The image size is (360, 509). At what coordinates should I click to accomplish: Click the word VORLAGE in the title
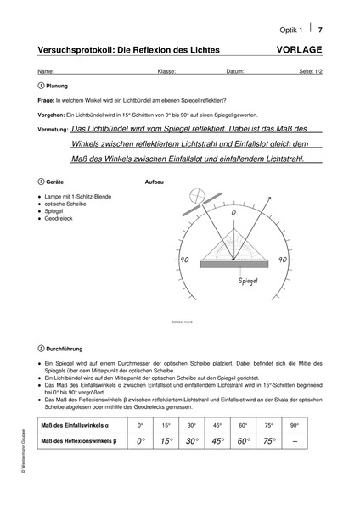(x=299, y=49)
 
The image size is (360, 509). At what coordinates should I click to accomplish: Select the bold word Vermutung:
(x=53, y=131)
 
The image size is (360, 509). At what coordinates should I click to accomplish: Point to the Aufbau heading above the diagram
(x=155, y=182)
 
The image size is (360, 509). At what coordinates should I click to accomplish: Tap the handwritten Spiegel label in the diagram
(x=248, y=278)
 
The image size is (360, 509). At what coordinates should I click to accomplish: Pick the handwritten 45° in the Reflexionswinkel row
(x=217, y=440)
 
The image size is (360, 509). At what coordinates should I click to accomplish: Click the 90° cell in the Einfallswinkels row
(x=295, y=424)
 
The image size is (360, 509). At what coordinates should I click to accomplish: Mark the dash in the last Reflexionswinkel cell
(x=295, y=440)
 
